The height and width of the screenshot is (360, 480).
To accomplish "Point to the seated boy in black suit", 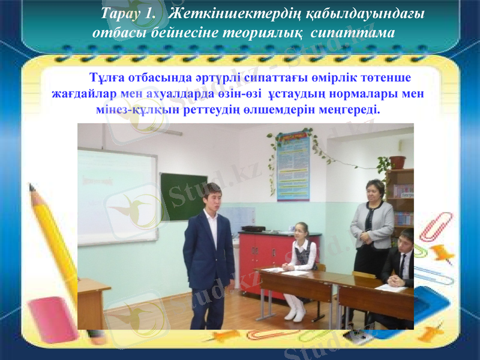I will click(x=401, y=264).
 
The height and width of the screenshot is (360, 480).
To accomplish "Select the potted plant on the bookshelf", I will click(x=397, y=161).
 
